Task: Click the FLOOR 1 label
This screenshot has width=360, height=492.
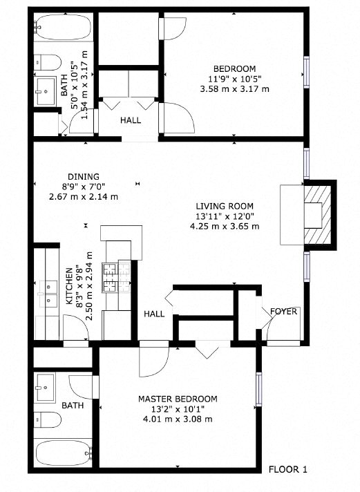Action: (287, 469)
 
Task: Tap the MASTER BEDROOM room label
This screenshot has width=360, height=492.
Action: (178, 399)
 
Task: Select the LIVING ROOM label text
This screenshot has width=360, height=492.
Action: (225, 206)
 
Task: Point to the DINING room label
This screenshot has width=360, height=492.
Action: (84, 176)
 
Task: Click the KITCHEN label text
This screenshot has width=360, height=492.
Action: (69, 287)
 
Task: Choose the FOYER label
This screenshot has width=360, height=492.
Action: (283, 312)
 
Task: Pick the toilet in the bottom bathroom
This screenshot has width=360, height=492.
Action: (48, 419)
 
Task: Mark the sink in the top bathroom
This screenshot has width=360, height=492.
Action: (46, 88)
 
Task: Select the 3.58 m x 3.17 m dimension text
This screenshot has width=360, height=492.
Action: (234, 89)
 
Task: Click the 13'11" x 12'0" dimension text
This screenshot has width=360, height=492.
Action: (225, 216)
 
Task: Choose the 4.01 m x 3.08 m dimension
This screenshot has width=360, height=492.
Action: (178, 419)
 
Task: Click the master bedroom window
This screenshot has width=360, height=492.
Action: (259, 390)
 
